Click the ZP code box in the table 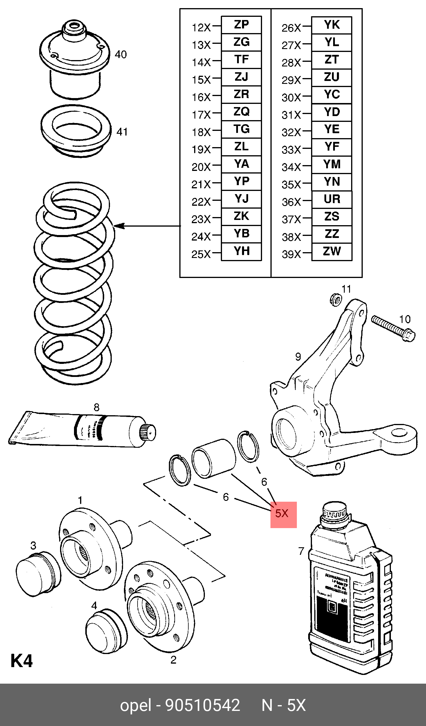click(241, 25)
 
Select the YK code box click(331, 25)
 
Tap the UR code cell click(331, 199)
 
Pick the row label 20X click(201, 167)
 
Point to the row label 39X click(291, 254)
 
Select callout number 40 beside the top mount click(121, 54)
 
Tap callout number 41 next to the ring click(122, 132)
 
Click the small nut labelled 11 click(335, 299)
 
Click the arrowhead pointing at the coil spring click(119, 226)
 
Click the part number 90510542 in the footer click(203, 705)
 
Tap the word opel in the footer click(136, 705)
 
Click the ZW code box click(331, 251)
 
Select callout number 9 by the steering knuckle click(298, 357)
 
